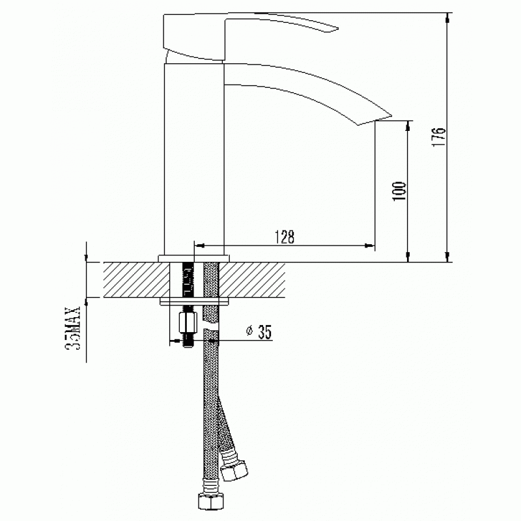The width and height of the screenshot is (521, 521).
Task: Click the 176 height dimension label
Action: click(438, 136)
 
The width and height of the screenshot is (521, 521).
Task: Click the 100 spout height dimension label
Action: click(399, 191)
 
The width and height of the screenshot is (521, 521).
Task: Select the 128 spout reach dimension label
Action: click(285, 236)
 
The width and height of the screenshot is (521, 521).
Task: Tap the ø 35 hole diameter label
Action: click(259, 331)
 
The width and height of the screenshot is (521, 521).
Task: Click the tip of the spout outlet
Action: click(391, 117)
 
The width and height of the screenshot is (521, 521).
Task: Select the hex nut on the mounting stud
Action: click(188, 322)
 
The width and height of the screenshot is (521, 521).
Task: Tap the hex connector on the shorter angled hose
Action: click(235, 470)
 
